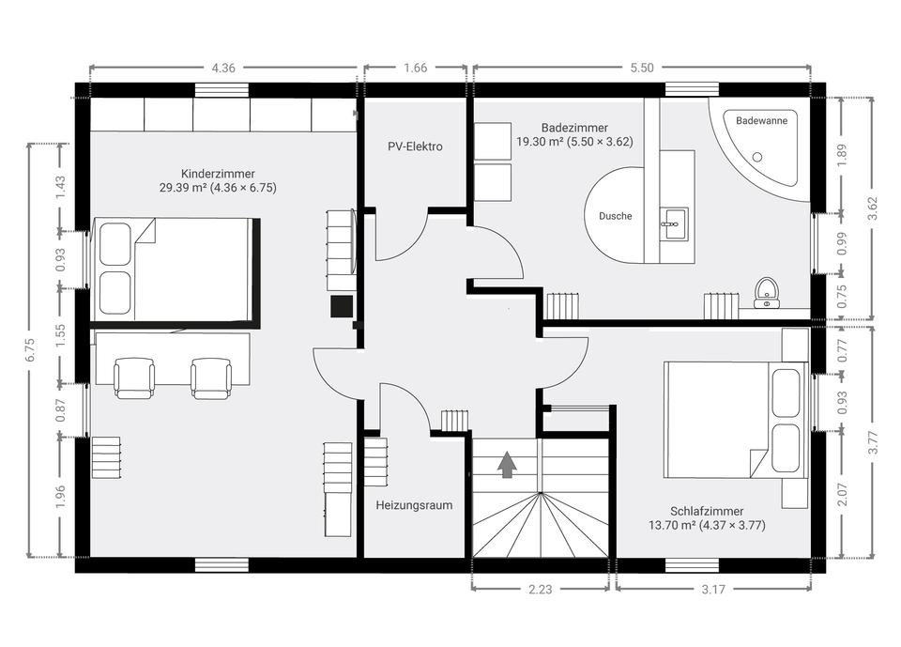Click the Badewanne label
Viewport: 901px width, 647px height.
pos(761,121)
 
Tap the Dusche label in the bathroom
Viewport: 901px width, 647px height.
pos(616,216)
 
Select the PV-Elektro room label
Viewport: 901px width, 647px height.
pos(415,146)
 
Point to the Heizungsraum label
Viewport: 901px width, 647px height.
pos(414,505)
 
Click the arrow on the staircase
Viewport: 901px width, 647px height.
pos(506,465)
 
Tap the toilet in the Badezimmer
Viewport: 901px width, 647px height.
pos(766,293)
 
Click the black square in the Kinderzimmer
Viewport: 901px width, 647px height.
pos(342,306)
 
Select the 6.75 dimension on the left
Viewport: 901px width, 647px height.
pos(30,349)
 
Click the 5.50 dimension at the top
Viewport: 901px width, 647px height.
pos(642,68)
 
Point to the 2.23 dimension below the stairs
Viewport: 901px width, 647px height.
pos(541,589)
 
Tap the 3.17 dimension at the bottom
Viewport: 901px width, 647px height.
pos(713,589)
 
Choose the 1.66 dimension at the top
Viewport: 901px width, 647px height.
pos(415,68)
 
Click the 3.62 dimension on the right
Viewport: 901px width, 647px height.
pos(874,208)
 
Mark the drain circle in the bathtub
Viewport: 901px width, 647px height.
pos(757,157)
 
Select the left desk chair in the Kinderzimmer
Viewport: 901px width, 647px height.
pos(134,377)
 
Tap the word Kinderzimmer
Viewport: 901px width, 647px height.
pos(218,174)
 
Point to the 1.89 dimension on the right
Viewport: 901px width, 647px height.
pos(842,155)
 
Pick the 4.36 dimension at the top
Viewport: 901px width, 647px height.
pos(223,68)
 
